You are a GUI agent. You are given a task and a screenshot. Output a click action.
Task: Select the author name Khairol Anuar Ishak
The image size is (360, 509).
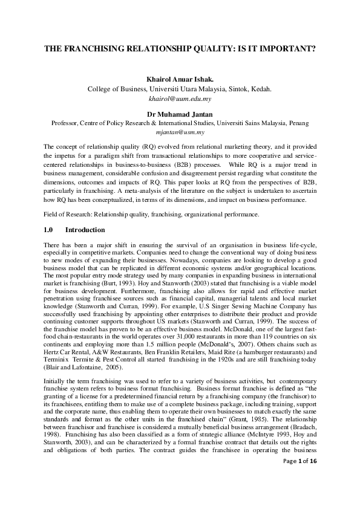(x=180, y=79)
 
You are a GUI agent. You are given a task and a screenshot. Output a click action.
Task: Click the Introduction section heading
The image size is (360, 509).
(x=85, y=230)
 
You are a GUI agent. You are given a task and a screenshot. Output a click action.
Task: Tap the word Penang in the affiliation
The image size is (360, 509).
(x=298, y=123)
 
